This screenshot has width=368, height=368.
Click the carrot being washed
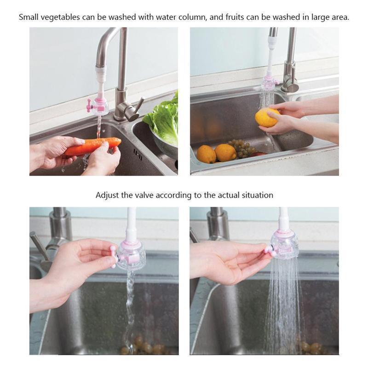93,146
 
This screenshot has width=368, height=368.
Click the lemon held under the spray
268,117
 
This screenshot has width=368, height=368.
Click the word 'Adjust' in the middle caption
107,195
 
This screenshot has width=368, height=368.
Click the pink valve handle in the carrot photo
89,106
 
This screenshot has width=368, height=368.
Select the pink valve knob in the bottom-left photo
113,256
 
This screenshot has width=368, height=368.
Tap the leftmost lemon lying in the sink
206,154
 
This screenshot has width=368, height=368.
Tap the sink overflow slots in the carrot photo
138,155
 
